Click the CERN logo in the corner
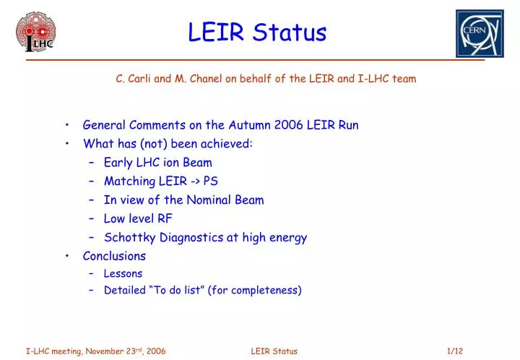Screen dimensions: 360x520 pyautogui.click(x=479, y=33)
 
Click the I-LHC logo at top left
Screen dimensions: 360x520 pyautogui.click(x=35, y=33)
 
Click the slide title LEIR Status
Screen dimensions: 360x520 pyautogui.click(x=257, y=32)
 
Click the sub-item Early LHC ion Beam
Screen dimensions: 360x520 pyautogui.click(x=157, y=163)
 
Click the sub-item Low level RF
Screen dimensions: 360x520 pyautogui.click(x=138, y=218)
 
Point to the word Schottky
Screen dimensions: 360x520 pyautogui.click(x=127, y=237)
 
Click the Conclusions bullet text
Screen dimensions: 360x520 pyautogui.click(x=114, y=256)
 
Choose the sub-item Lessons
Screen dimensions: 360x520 pyautogui.click(x=123, y=274)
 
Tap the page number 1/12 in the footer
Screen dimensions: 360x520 pyautogui.click(x=455, y=351)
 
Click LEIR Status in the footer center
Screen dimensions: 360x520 pyautogui.click(x=274, y=351)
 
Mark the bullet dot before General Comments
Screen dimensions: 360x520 pyautogui.click(x=66, y=125)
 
